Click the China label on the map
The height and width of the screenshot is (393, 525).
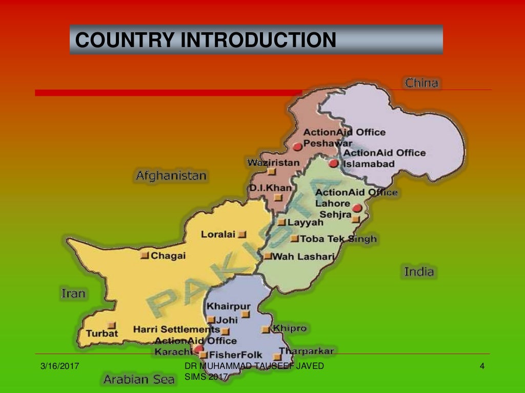(421, 83)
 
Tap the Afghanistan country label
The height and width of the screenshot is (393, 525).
(171, 176)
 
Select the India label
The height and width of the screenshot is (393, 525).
(419, 272)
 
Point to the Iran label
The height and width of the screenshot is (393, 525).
(73, 294)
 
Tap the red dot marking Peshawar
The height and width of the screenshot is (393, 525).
(297, 146)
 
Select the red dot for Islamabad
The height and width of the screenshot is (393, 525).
(334, 164)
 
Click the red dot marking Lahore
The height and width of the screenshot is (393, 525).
(357, 208)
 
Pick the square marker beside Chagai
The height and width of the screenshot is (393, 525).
(145, 255)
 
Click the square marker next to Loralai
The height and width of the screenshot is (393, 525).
(243, 234)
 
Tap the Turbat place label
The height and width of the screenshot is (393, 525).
(102, 334)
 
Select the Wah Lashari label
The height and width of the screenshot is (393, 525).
(303, 256)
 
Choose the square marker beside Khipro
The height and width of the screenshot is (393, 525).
(266, 330)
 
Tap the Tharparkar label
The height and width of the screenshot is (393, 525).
(307, 351)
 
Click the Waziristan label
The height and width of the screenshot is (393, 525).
(273, 163)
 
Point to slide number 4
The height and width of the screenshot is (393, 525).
(482, 366)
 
